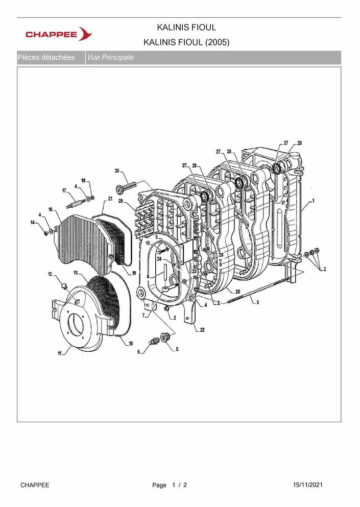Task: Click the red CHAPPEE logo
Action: tap(59, 34)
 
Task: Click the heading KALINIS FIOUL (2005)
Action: tap(186, 42)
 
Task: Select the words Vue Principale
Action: tap(110, 58)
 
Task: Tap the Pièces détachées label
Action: tap(46, 58)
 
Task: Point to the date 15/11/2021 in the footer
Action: tap(307, 485)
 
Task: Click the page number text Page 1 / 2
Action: tap(170, 485)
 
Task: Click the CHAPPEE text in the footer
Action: tap(35, 485)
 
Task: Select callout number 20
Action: tap(117, 171)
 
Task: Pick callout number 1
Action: tap(313, 201)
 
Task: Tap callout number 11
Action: tap(60, 353)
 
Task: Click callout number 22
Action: tap(202, 330)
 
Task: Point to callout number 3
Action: tap(257, 303)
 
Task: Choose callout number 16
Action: tap(51, 209)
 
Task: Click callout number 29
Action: tap(121, 201)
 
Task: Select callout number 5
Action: tap(177, 349)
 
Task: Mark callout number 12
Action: tap(50, 274)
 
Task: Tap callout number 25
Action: tap(238, 292)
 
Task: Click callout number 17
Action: tap(64, 191)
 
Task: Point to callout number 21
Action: tap(110, 199)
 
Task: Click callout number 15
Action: tap(131, 344)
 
